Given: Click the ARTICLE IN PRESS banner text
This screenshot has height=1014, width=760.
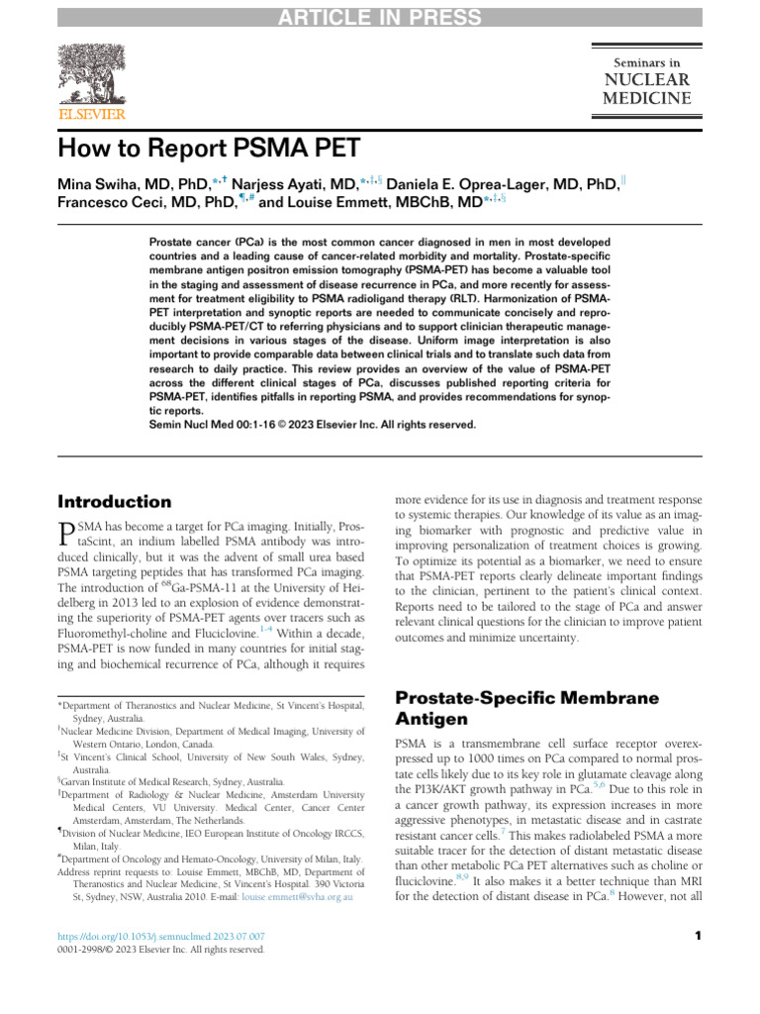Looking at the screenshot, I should pos(380,17).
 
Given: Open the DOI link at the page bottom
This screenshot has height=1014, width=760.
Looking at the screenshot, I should pos(161,936).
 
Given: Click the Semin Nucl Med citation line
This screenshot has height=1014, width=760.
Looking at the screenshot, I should pos(312,424).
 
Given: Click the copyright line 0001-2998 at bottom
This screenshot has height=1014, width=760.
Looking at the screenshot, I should pos(161,950).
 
